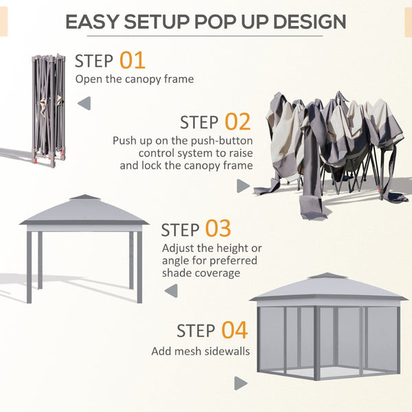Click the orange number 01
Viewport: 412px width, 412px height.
pos(133,60)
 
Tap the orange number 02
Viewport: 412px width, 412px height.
pos(237,122)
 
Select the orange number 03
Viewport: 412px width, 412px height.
pos(218,229)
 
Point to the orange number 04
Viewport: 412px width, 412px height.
pos(233,330)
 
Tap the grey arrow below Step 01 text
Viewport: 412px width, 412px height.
pos(84,104)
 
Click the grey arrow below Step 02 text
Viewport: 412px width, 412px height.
pos(242,186)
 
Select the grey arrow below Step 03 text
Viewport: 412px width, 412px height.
pos(170,290)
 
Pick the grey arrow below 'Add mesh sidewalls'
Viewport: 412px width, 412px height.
pos(240,383)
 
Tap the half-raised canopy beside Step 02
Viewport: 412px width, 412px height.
pos(330,148)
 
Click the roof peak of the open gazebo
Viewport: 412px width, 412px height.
pos(84,198)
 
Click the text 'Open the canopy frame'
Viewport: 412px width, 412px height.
pos(134,79)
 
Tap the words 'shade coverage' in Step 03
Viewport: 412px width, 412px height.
pos(201,273)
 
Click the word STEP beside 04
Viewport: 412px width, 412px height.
pos(196,331)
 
